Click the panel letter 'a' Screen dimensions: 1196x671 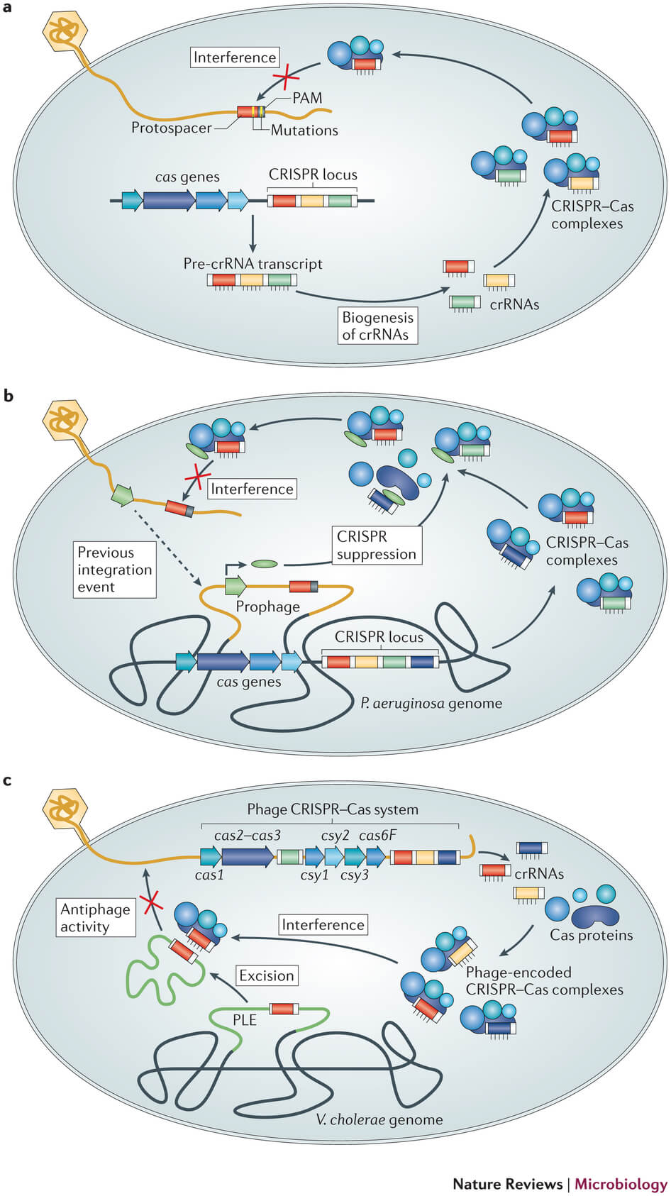(8, 11)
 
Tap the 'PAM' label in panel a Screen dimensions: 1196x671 (307, 98)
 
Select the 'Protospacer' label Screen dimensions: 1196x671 (172, 128)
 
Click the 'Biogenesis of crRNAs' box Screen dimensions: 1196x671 (377, 326)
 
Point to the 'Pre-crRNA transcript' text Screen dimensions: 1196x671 (253, 264)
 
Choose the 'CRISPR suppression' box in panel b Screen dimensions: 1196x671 (376, 545)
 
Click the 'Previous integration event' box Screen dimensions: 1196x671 (115, 570)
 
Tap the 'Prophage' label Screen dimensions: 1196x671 (267, 607)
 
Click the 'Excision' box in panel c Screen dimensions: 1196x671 (266, 975)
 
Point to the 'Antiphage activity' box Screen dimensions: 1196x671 (95, 917)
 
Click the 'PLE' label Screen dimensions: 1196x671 (245, 1020)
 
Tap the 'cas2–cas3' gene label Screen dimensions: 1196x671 (247, 836)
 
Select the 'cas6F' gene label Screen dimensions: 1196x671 (377, 836)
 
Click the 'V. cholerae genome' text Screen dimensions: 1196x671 (379, 1119)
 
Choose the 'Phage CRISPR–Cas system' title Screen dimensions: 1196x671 (332, 809)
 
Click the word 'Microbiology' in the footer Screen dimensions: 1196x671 (621, 1183)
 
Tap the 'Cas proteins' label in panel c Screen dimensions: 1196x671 (591, 935)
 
